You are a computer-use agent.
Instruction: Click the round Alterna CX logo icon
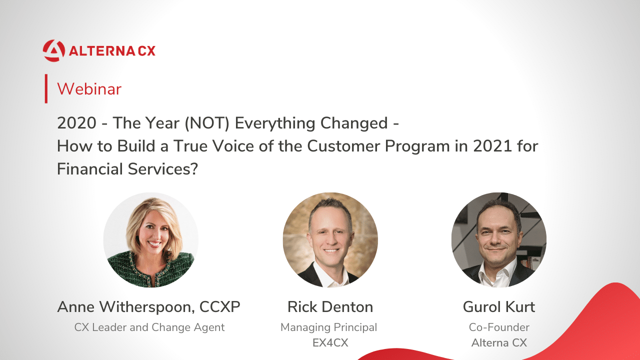pos(53,51)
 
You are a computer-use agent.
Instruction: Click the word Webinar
pos(89,89)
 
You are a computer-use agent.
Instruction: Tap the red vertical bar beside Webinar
pos(46,88)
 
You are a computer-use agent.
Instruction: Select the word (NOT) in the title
pos(207,123)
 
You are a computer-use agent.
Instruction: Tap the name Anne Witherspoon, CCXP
pos(148,307)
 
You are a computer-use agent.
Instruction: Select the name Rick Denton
pos(330,307)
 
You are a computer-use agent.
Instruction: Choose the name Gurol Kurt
pos(499,307)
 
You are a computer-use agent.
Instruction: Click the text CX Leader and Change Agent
pos(149,327)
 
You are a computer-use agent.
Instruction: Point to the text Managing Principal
pos(329,327)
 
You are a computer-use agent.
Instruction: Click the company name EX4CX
pos(330,343)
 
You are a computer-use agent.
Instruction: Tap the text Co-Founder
pos(499,327)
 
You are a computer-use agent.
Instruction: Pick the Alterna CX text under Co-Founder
pos(499,343)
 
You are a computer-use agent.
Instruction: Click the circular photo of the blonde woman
pos(151,239)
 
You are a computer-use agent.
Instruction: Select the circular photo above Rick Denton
pos(330,239)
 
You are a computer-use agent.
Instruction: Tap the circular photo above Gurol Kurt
pos(499,239)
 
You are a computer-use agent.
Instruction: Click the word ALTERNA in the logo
pos(102,51)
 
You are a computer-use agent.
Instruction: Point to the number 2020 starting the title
pos(76,123)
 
